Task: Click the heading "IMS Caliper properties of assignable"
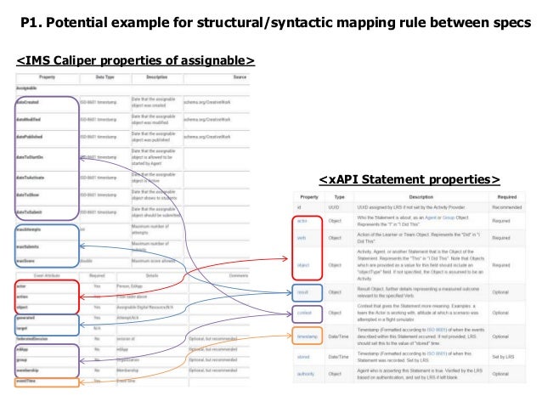136,61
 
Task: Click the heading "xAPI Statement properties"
409,179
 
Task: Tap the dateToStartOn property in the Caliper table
35,156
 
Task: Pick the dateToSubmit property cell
34,212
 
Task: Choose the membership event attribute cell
33,371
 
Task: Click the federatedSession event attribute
37,338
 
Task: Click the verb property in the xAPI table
303,237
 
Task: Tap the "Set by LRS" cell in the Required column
510,359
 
